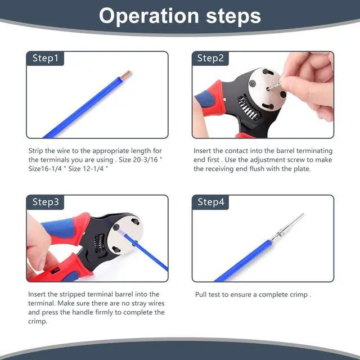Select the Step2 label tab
pyautogui.click(x=210, y=58)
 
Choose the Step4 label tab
pyautogui.click(x=210, y=202)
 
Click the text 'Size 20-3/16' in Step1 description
pyautogui.click(x=140, y=160)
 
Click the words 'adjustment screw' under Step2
pyautogui.click(x=260, y=160)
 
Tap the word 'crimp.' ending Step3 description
pyautogui.click(x=38, y=321)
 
